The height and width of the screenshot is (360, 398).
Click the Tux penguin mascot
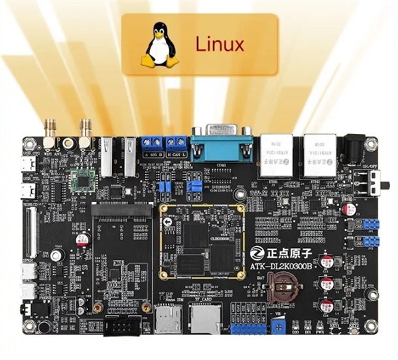[160, 44]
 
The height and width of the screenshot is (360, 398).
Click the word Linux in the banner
[220, 44]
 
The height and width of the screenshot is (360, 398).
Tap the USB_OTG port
[29, 165]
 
